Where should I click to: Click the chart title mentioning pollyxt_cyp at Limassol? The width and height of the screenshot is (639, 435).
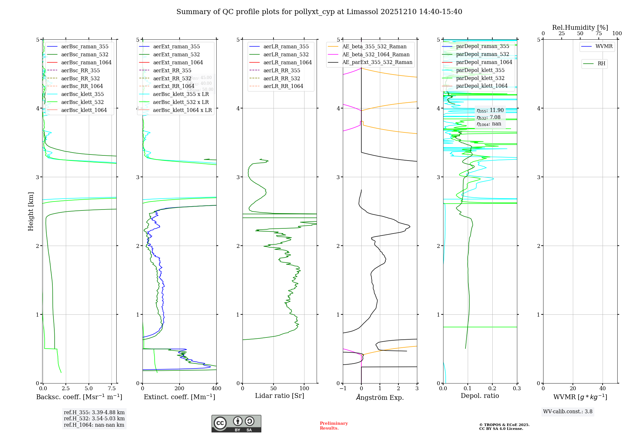(x=319, y=12)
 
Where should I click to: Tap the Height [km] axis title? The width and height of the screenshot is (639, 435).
(x=31, y=211)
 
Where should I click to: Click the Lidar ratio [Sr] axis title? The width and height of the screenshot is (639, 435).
(x=279, y=396)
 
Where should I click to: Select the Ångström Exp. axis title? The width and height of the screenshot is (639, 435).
(x=380, y=398)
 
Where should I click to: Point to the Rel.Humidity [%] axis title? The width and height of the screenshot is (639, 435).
(x=580, y=28)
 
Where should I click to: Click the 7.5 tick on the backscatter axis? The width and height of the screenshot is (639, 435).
(x=112, y=389)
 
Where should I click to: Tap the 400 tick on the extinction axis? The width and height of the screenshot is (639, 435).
(x=216, y=389)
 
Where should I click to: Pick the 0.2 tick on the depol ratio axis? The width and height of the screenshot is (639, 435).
(x=492, y=389)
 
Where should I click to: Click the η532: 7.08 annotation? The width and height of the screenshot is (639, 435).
(x=489, y=117)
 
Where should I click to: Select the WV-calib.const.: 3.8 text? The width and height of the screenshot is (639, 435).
(x=567, y=412)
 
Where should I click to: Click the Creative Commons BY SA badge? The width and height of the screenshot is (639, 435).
(x=236, y=423)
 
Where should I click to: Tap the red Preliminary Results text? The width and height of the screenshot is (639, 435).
(x=334, y=426)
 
